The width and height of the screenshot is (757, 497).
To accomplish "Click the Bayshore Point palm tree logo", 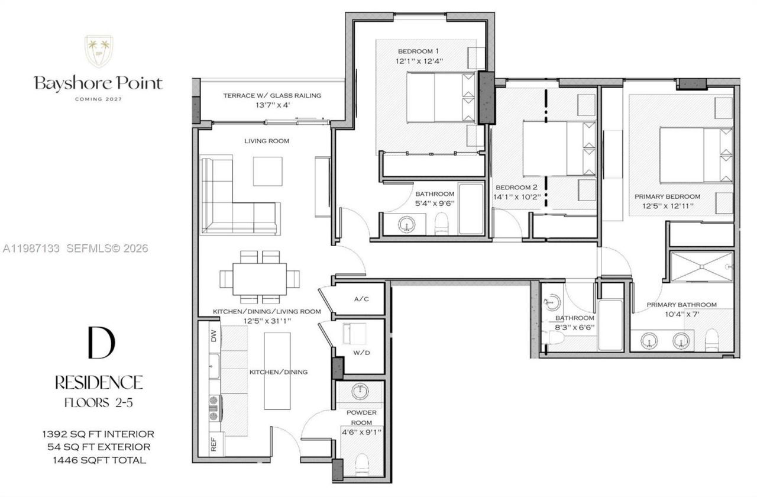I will click(x=98, y=51).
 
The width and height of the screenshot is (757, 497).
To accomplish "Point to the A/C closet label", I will click(x=361, y=299).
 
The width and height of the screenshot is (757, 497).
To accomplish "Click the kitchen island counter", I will click(x=277, y=370).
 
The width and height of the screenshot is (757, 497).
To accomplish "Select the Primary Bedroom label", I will click(x=667, y=196).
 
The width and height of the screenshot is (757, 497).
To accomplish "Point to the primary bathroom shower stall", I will click(x=701, y=267).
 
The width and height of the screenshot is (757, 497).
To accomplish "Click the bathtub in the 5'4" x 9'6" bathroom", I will click(x=471, y=209).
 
